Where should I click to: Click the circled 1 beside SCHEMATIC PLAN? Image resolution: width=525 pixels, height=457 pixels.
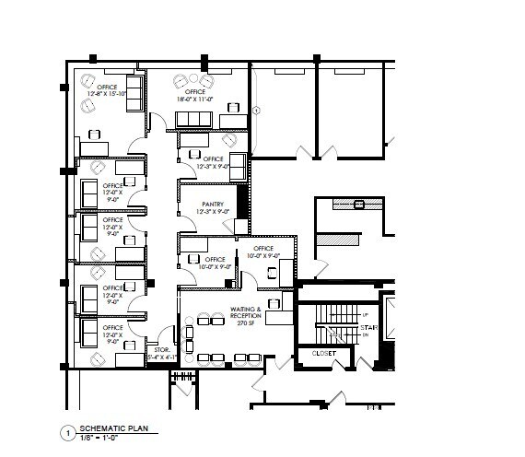coord(66,433)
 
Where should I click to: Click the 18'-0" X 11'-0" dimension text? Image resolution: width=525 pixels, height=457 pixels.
coord(194,99)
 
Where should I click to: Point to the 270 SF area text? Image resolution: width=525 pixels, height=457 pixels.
coord(246,323)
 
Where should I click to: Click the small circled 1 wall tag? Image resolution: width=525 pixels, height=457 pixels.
coord(258,110)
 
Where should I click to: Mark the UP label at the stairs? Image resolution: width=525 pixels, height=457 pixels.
coord(365,316)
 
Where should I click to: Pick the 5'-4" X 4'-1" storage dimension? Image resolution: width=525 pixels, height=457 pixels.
coord(157,357)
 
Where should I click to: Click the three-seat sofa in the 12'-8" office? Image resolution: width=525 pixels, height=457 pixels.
coord(134,93)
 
